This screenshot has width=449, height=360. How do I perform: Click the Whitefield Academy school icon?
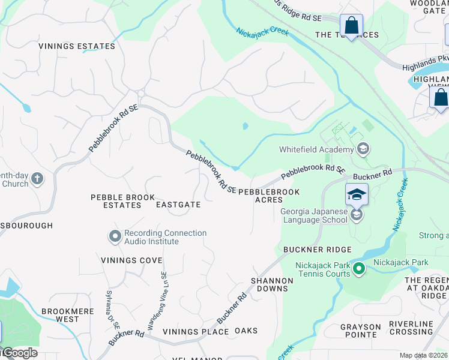coord(362,148)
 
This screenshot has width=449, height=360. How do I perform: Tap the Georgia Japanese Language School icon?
coord(357,215)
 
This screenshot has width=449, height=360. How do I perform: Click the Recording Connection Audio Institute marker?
coord(115,236)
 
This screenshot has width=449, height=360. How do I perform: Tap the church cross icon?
coord(37,178)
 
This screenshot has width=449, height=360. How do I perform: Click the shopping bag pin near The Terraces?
coord(351,25)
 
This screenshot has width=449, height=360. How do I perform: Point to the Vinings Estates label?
coord(77,46)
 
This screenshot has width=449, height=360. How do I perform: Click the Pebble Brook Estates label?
coord(122,201)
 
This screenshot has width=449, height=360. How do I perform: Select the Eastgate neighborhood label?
coord(178,205)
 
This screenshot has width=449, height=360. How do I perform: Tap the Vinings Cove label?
coord(131,260)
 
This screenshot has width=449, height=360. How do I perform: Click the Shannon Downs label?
coord(272,284)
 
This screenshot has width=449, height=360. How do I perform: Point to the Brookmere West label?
coord(60,315)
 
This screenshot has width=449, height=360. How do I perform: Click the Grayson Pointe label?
coord(361,331)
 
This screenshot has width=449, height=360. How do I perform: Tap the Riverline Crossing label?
coord(411,328)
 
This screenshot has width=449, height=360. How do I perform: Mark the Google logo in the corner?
coord(19,353)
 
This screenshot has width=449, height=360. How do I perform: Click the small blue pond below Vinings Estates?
coord(26,108)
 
